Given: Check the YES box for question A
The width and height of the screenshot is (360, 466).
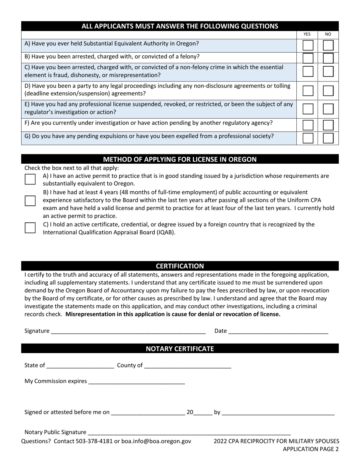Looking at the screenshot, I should [x=308, y=45].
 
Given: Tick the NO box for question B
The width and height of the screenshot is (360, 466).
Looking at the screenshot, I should [x=328, y=58].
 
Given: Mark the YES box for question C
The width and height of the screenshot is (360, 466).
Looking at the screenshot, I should [x=308, y=71].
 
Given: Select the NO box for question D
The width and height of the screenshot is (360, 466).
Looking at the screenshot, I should [x=328, y=91].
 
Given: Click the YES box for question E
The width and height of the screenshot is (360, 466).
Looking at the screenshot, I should [x=308, y=109].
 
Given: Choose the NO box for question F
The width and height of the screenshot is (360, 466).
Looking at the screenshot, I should [x=328, y=125].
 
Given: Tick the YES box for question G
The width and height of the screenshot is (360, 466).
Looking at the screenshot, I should [x=308, y=138].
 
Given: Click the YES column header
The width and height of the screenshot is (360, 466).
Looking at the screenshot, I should [x=307, y=34].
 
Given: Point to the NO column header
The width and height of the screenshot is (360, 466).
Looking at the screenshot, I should [x=328, y=34].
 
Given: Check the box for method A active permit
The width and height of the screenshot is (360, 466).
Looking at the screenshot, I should [x=30, y=179].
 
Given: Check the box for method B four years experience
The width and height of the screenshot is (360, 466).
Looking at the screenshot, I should [x=30, y=201].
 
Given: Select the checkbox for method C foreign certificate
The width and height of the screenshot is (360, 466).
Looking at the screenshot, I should [x=30, y=228].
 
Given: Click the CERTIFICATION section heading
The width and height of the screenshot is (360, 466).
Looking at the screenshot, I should [x=180, y=266].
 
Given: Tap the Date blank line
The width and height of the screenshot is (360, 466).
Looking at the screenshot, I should [x=278, y=331].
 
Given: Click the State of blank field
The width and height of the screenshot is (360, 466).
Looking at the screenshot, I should [x=80, y=366].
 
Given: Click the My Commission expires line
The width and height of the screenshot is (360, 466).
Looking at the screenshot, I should [x=136, y=382].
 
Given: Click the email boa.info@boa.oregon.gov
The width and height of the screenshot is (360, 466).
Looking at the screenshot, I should [x=156, y=441].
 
